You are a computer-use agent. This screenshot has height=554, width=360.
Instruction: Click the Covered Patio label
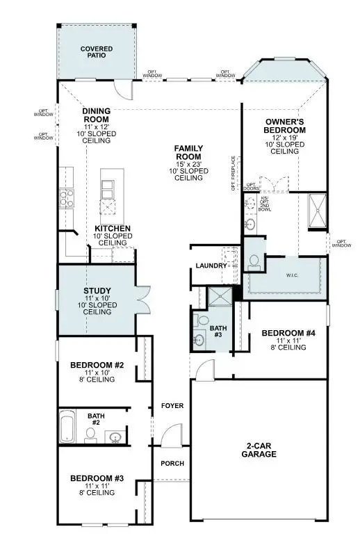(96, 53)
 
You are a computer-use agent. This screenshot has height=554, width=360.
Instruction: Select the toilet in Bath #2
(90, 435)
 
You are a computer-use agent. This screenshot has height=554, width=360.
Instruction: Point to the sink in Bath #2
(115, 437)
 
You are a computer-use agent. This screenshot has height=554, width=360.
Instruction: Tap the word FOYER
(172, 405)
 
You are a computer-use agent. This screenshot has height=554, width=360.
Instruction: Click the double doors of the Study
(142, 301)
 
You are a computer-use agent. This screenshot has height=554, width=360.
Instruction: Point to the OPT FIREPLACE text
(234, 172)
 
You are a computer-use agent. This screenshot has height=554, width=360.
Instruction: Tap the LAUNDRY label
(211, 266)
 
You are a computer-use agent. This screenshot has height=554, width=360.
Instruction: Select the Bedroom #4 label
(288, 334)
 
